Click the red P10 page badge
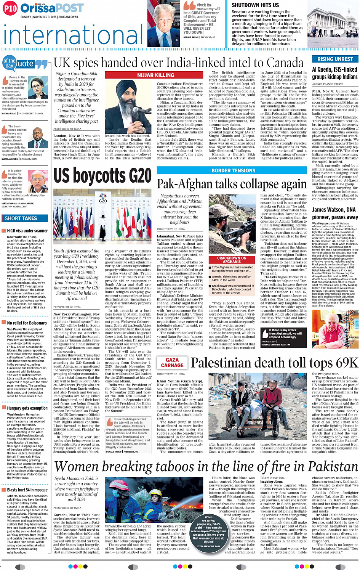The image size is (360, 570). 10,8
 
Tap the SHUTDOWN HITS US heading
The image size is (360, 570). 255,5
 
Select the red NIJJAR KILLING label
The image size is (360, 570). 156,75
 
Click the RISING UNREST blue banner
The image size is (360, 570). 335,59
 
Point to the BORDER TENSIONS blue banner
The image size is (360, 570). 233,171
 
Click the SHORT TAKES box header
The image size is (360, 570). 21,218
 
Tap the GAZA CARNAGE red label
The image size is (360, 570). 172,363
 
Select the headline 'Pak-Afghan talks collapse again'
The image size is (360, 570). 232,185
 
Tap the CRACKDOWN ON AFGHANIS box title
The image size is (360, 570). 232,260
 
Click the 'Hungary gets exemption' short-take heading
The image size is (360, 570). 27,408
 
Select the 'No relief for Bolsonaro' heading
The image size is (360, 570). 27,323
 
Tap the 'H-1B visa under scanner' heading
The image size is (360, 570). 27,231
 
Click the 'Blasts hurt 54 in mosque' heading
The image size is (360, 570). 27,490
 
